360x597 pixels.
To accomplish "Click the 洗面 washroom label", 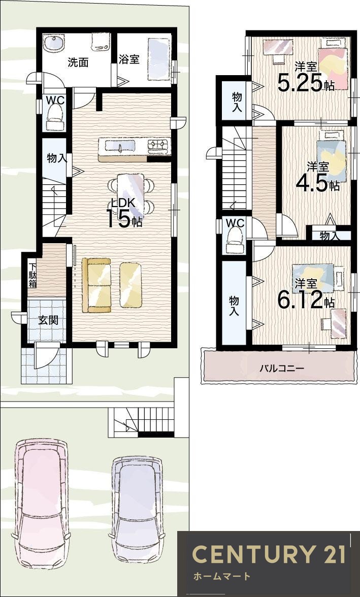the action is point(78,62).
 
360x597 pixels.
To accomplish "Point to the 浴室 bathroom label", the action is point(129,59).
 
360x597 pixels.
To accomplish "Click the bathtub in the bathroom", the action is point(158,59).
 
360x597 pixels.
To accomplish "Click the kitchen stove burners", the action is point(157,145).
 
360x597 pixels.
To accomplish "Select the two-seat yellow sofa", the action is point(97,285).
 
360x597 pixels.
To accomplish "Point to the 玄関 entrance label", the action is point(48,321).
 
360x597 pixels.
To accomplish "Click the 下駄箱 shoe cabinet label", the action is point(32,275).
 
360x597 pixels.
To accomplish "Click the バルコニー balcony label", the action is point(282,368).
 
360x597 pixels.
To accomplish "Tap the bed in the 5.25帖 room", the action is point(333,63).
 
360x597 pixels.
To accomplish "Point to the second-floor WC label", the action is point(235,223).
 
